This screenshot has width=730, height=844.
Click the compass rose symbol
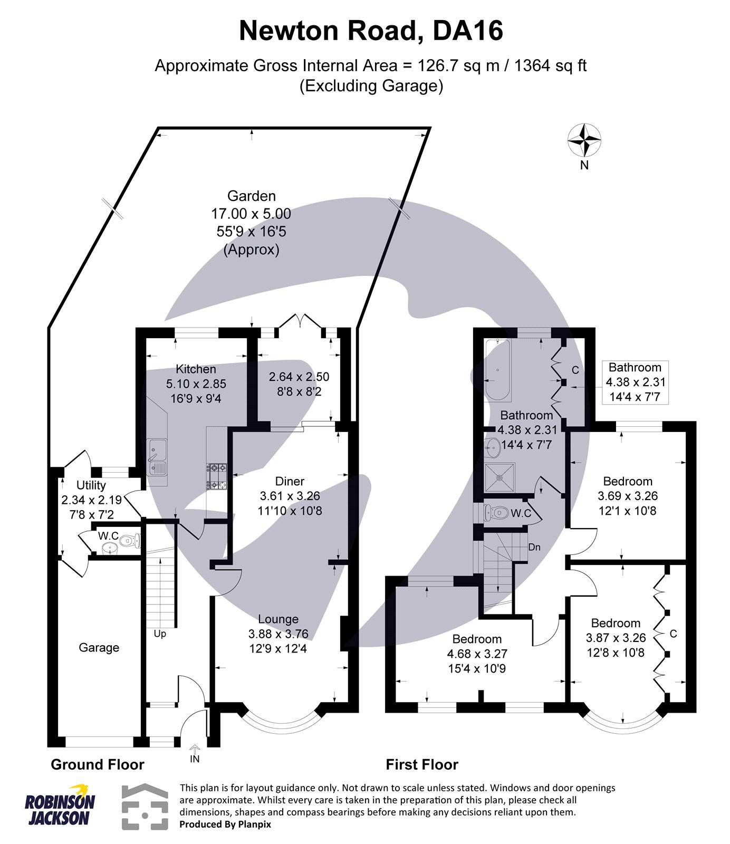(x=584, y=140)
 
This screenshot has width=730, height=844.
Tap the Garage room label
(x=99, y=648)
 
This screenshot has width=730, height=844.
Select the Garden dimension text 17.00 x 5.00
(x=251, y=214)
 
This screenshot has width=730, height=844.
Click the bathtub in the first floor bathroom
(x=497, y=370)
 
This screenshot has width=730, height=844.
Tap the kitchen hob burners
(x=218, y=476)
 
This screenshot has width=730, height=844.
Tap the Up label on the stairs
(x=160, y=634)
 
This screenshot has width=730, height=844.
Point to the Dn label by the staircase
(x=534, y=547)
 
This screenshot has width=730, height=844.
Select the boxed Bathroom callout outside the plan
(x=636, y=382)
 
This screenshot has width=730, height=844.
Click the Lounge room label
(x=278, y=619)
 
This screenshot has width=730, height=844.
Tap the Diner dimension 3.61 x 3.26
(x=290, y=496)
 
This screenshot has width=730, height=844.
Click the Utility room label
(x=91, y=485)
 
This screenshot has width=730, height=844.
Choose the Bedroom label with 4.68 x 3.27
(x=477, y=639)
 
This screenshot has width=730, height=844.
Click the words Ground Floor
(x=98, y=764)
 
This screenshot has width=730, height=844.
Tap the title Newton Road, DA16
(x=371, y=31)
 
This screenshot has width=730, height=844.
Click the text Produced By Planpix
(x=225, y=824)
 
